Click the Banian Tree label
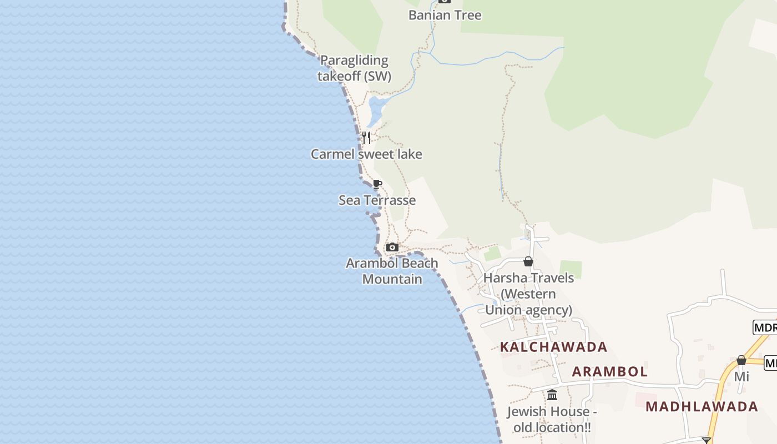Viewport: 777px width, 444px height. (445, 15)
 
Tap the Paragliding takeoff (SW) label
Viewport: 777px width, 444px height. (354, 68)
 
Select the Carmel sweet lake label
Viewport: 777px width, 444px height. (366, 154)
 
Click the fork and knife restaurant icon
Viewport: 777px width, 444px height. (366, 137)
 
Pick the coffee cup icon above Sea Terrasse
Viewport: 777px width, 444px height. (377, 184)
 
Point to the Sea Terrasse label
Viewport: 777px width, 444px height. (377, 200)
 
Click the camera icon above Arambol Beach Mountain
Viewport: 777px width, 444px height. (392, 248)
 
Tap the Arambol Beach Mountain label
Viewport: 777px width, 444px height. (392, 271)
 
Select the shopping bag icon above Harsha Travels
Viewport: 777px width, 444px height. (528, 261)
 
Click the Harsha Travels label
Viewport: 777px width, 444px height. (528, 294)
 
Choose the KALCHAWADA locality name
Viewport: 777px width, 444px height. (553, 347)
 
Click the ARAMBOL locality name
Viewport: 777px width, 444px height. (609, 372)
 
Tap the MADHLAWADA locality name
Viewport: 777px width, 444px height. (702, 406)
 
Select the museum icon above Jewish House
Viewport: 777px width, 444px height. (552, 395)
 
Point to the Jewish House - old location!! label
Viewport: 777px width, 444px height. (552, 420)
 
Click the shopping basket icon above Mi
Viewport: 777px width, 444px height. (741, 361)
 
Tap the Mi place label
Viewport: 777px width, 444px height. (741, 377)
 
